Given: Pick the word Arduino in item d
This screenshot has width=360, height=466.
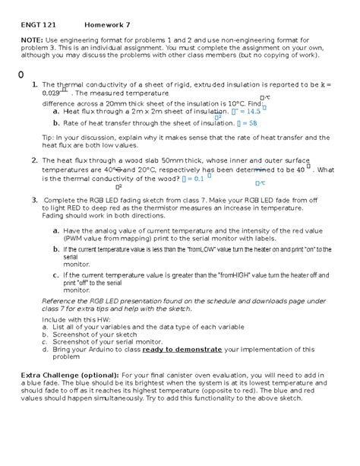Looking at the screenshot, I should pos(115,349).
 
